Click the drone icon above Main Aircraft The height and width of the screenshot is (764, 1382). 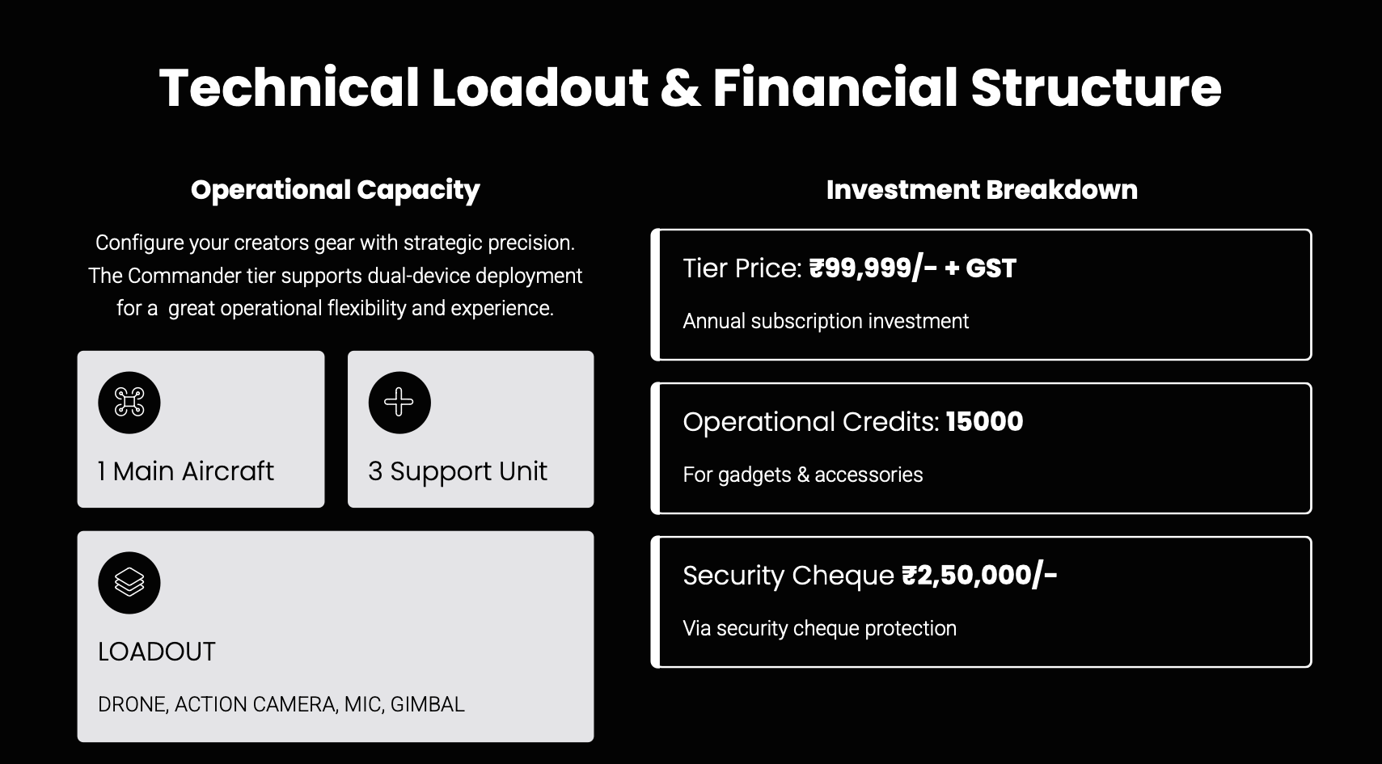click(129, 402)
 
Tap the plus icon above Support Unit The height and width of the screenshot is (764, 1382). click(399, 402)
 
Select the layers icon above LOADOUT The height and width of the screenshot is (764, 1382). click(129, 582)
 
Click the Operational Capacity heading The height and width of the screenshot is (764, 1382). click(335, 190)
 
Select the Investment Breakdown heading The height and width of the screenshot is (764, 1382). click(982, 190)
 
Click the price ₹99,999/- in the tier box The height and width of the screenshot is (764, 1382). click(873, 268)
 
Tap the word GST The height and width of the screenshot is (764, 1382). click(991, 268)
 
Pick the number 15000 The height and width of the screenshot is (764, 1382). click(984, 422)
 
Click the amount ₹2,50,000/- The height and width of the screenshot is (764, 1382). click(979, 576)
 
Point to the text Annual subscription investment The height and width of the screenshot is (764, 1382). click(826, 321)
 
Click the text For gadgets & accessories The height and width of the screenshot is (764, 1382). click(803, 475)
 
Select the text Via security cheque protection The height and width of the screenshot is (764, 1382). click(819, 628)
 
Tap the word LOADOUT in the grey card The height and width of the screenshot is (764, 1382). click(157, 652)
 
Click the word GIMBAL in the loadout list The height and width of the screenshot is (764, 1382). click(428, 704)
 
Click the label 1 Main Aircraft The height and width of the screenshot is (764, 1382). click(186, 471)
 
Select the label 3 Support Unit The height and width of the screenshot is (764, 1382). click(457, 471)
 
